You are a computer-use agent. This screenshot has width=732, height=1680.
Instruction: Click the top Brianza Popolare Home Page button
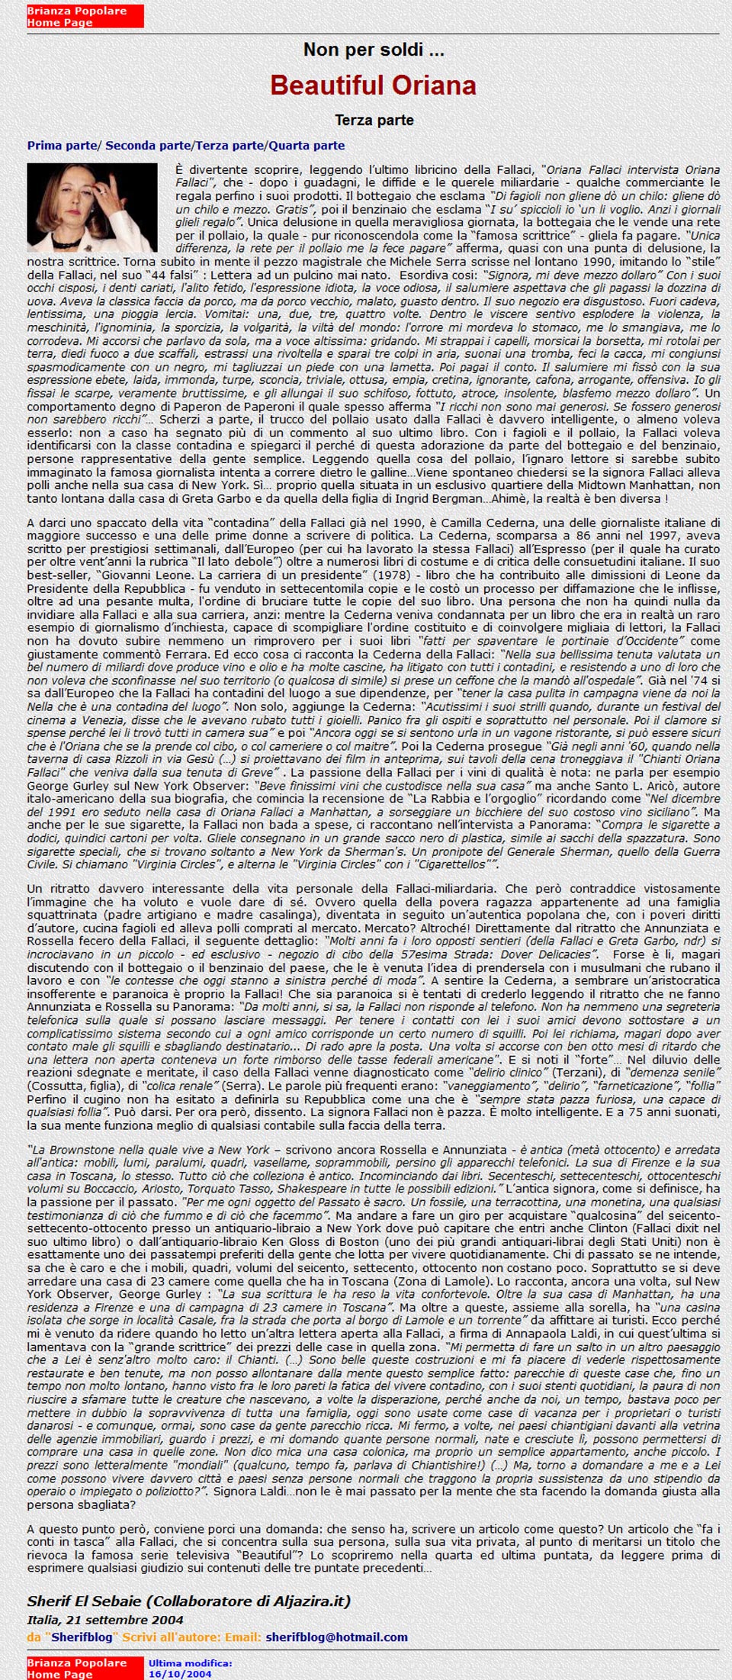pyautogui.click(x=85, y=16)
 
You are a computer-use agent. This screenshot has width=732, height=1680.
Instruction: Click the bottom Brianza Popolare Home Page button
pyautogui.click(x=85, y=1668)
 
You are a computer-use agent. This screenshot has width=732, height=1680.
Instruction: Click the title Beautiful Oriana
pyautogui.click(x=373, y=85)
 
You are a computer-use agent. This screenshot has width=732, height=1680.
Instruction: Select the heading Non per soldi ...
pyautogui.click(x=373, y=50)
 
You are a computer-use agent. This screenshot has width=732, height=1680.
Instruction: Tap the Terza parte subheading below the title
pyautogui.click(x=374, y=120)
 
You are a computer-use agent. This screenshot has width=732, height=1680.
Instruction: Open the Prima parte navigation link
pyautogui.click(x=63, y=145)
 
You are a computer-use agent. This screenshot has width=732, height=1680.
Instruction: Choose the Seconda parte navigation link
pyautogui.click(x=148, y=145)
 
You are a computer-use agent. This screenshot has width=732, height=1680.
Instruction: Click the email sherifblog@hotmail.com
pyautogui.click(x=336, y=1637)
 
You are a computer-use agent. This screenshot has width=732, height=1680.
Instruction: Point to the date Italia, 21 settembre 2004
pyautogui.click(x=104, y=1619)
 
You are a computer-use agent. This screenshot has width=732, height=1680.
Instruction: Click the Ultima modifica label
pyautogui.click(x=190, y=1662)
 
